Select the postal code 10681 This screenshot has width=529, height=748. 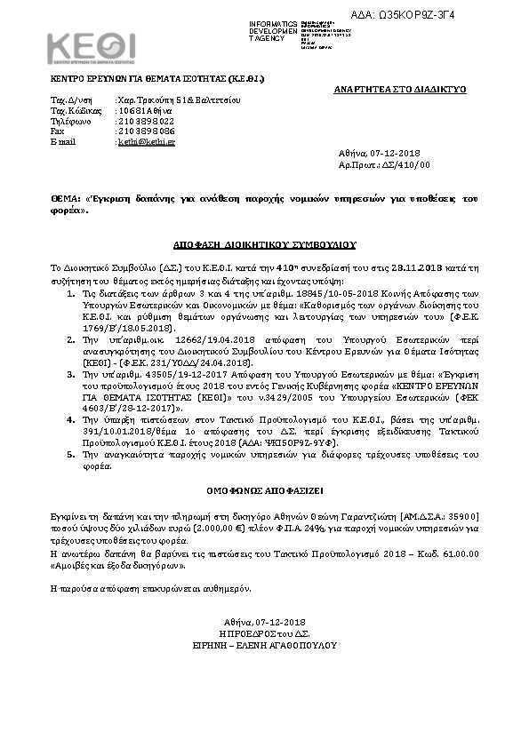131,110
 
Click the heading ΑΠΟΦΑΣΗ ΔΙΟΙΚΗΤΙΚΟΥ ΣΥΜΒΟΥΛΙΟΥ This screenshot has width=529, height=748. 264,242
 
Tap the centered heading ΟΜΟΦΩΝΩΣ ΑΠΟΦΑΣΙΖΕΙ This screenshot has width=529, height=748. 263,487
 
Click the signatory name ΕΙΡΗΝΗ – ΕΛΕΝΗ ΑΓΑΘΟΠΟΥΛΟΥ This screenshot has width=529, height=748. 265,645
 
